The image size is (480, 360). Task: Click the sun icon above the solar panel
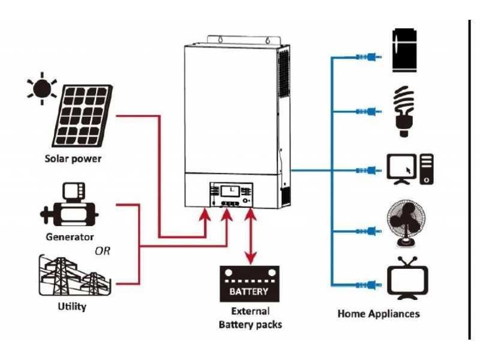tap(41, 89)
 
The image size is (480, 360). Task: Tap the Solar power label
tap(73, 160)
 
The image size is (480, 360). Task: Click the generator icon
tap(68, 206)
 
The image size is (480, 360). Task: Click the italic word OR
tap(102, 251)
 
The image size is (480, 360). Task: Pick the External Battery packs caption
tap(250, 318)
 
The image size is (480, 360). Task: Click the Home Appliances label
tap(379, 313)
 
